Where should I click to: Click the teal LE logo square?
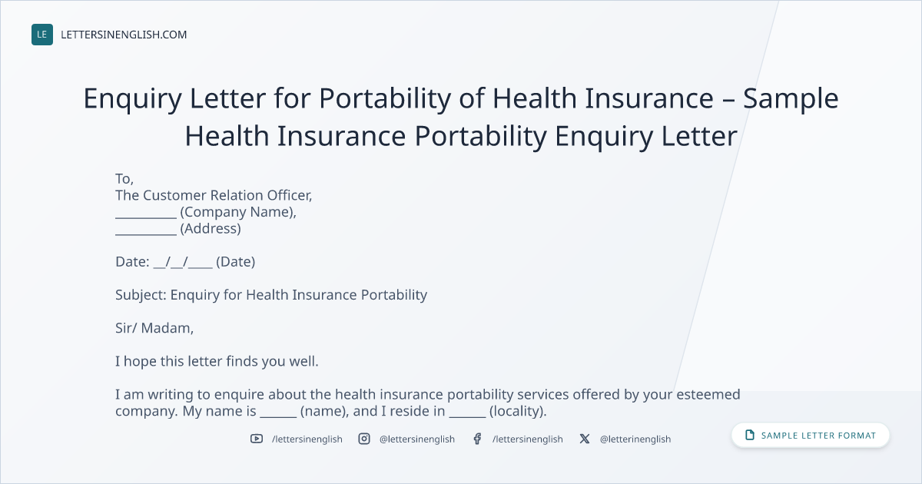[x=42, y=35]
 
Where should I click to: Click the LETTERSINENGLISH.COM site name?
[x=124, y=35]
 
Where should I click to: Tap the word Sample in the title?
[x=791, y=100]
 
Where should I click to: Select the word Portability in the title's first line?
[x=385, y=100]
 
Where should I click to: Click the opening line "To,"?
[x=124, y=179]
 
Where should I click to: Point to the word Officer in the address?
[x=290, y=195]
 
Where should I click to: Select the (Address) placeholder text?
[x=211, y=229]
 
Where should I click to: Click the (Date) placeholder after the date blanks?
[x=235, y=262]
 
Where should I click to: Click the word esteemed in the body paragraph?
[x=708, y=394]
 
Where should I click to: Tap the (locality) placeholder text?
[x=518, y=411]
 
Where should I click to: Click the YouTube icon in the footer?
[x=257, y=439]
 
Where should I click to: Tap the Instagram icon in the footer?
[x=364, y=439]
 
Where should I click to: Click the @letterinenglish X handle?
[x=635, y=439]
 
